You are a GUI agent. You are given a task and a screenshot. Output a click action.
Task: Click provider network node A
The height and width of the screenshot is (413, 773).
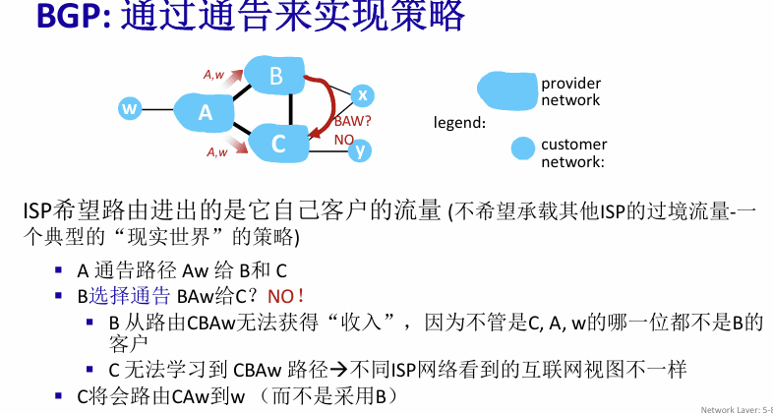[204, 112]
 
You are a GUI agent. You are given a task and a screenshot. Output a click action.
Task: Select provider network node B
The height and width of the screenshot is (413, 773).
[274, 76]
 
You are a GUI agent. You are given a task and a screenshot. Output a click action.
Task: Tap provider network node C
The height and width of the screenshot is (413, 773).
[277, 144]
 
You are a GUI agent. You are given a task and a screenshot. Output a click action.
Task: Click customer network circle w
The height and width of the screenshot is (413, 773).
[130, 108]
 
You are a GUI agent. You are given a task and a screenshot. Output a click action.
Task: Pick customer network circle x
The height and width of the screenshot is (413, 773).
[362, 95]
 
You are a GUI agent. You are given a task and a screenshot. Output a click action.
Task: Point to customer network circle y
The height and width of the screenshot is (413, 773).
[360, 150]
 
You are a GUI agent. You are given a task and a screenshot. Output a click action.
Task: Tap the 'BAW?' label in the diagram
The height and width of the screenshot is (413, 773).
[352, 122]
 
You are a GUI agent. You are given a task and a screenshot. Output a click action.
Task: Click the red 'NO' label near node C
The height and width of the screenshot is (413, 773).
[344, 140]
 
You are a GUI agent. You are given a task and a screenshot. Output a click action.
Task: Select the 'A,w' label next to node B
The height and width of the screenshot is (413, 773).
[214, 75]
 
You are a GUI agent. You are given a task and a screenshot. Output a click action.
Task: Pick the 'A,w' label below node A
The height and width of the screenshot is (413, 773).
[217, 152]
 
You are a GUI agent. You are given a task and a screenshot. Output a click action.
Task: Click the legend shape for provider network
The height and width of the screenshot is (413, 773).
[507, 90]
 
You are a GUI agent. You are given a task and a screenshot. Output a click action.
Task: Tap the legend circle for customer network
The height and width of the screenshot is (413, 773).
[522, 148]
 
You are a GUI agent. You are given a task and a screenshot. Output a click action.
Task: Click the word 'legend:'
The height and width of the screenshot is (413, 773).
[459, 123]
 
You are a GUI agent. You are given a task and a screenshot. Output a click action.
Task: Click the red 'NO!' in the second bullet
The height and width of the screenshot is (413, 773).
[286, 296]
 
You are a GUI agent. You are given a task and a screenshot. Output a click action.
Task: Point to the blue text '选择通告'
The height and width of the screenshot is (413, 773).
[130, 296]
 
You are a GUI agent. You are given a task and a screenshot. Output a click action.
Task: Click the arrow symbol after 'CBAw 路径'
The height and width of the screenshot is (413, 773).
[338, 369]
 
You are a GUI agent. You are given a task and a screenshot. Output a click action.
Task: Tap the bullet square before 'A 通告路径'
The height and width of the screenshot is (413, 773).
[59, 269]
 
